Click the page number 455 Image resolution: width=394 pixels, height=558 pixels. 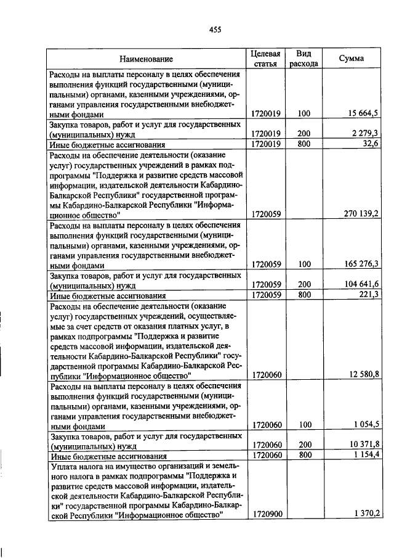pos(215,29)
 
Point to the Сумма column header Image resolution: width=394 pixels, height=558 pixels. pos(351,59)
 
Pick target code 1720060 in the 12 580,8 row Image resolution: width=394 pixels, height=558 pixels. pos(267,374)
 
